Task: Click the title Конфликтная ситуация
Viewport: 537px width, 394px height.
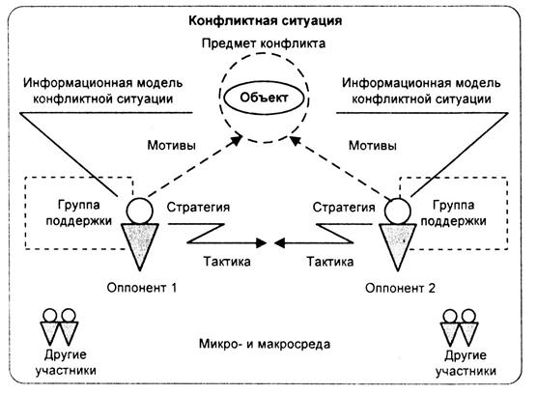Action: (x=265, y=21)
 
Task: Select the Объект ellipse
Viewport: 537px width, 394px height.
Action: (x=264, y=98)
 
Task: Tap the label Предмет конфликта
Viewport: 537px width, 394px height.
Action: (x=264, y=43)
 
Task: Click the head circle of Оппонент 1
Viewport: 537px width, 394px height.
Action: (x=139, y=211)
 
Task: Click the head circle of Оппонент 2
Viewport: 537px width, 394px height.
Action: (x=397, y=211)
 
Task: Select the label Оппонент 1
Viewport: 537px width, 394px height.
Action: (x=142, y=288)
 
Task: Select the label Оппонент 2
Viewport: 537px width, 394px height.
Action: (x=400, y=288)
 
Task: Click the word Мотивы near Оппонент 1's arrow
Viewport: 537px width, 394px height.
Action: (x=171, y=146)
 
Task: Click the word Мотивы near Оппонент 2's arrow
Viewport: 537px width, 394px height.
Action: (x=373, y=146)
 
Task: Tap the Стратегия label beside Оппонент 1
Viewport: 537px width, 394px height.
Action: (x=198, y=208)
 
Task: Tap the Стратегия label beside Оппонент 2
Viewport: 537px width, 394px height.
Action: (x=344, y=208)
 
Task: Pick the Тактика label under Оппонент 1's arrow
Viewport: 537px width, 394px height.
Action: (x=227, y=262)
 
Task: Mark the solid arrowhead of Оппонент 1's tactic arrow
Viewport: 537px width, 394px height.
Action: (x=262, y=243)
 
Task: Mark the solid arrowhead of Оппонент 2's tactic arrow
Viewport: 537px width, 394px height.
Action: (x=279, y=243)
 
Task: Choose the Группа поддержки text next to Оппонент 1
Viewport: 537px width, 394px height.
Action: (x=79, y=212)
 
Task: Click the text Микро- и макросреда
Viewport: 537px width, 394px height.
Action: (x=265, y=344)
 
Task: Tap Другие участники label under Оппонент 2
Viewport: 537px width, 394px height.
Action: (x=466, y=363)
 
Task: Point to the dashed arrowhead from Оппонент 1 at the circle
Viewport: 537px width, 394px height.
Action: (x=237, y=139)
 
